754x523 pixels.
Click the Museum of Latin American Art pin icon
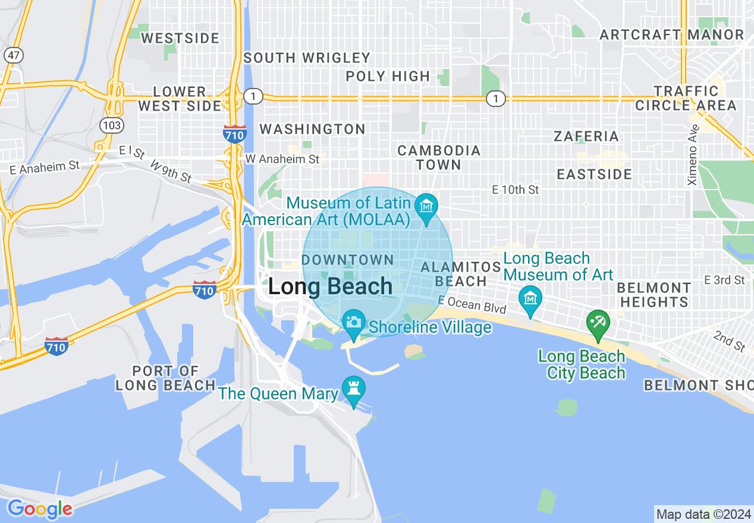point(426,207)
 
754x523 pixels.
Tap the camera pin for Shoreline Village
point(354,322)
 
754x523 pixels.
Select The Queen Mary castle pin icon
point(354,389)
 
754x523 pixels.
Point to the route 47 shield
point(13,55)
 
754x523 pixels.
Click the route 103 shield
point(112,125)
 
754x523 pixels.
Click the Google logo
point(40,509)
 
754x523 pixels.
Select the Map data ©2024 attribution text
point(703,513)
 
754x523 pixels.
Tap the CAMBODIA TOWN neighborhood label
point(439,157)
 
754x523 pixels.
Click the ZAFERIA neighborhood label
point(586,136)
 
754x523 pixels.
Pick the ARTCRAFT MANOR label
point(672,35)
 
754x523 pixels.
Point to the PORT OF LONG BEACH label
point(165,378)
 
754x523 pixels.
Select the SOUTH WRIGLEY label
point(307,58)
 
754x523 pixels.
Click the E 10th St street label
point(515,190)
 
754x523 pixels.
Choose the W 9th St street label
point(171,171)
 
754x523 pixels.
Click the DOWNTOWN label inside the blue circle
point(348,260)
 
